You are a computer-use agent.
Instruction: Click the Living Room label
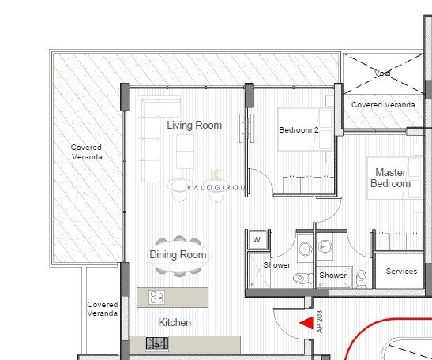pos(194,125)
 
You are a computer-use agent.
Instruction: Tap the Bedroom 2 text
pos(299,130)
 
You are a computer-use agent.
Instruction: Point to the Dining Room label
pos(178,254)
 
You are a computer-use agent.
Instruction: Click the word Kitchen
pos(175,322)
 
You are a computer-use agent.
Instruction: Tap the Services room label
pos(401,271)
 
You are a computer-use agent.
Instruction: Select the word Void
pos(383,73)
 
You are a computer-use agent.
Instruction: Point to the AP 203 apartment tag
pos(321,322)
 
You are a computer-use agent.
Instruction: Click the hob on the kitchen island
pos(157,298)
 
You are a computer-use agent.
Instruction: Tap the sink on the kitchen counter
pos(158,343)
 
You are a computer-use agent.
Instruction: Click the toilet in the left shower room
pos(301,278)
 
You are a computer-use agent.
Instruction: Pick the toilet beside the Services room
pos(361,278)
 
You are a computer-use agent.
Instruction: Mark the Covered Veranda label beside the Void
pos(378,104)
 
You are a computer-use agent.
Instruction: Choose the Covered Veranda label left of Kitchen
pos(103,309)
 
